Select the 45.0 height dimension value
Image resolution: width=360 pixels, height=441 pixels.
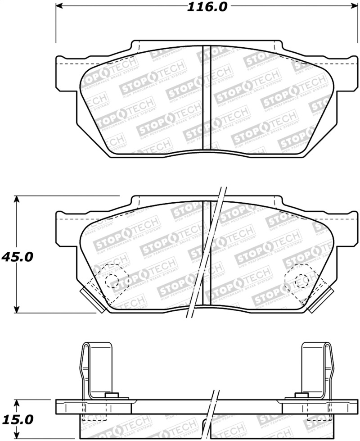(17, 257)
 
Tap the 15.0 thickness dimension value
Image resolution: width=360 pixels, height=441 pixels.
(17, 420)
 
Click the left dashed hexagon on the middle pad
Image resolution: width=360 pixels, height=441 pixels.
(112, 280)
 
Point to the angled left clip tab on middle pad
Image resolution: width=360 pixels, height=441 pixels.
(88, 297)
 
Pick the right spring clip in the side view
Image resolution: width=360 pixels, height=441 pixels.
(318, 369)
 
